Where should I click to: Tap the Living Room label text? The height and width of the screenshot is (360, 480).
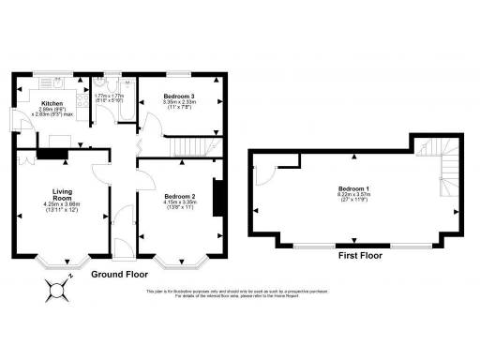(x=63, y=195)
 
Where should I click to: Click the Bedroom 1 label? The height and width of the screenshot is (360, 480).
(x=354, y=188)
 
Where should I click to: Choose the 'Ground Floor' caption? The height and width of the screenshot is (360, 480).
(x=119, y=276)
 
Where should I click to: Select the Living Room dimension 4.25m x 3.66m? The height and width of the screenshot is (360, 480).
(x=63, y=204)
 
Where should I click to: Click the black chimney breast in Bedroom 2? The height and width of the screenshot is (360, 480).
(x=217, y=197)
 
